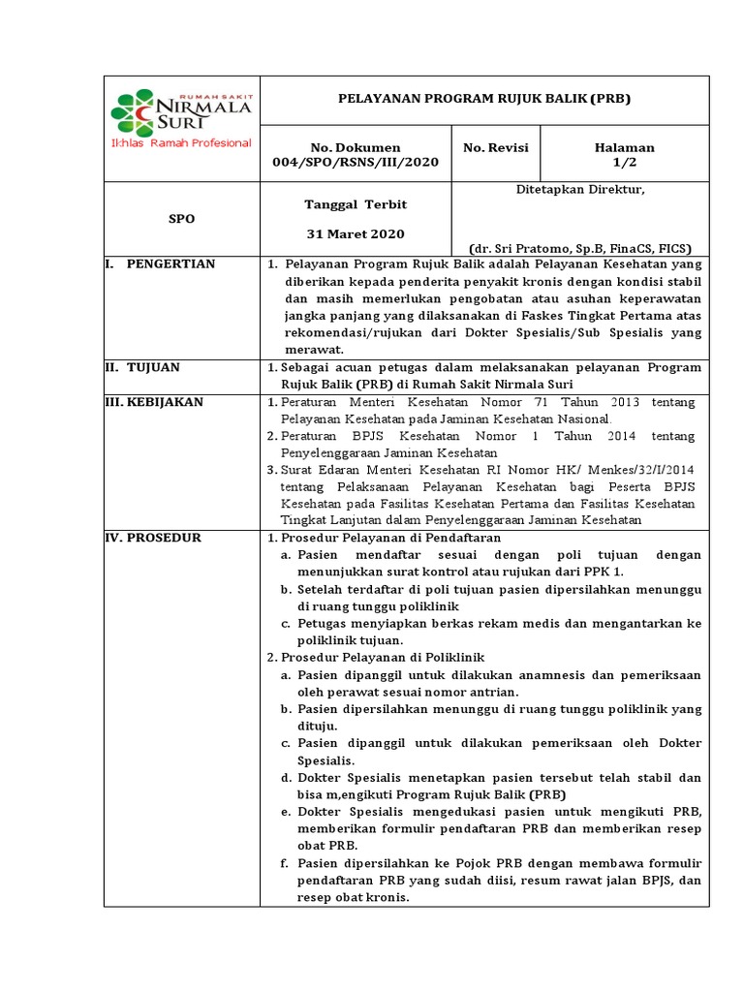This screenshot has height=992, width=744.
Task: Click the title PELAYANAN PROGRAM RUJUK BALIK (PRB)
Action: [x=485, y=99]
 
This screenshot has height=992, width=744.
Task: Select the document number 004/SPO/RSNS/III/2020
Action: [x=355, y=162]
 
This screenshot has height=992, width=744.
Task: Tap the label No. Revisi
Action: [x=496, y=147]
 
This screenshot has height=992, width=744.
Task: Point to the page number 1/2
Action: [x=625, y=162]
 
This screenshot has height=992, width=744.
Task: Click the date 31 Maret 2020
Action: [x=356, y=233]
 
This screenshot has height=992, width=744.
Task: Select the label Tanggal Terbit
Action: [x=356, y=204]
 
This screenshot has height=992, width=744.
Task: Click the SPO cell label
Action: [x=181, y=219]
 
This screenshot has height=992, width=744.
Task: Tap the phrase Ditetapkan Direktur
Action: [x=580, y=190]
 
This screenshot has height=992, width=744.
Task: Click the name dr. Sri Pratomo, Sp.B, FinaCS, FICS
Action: [x=580, y=247]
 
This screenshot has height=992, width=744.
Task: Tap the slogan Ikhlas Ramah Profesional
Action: [x=181, y=143]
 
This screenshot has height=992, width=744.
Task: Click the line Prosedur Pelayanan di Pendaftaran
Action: [x=394, y=538]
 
